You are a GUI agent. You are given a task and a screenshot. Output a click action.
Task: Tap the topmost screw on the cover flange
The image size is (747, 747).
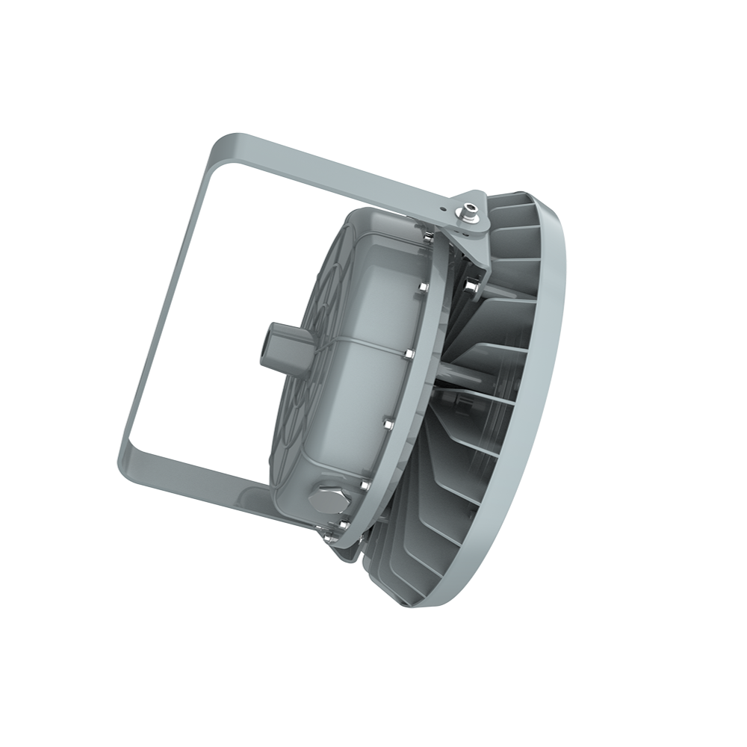(426, 238)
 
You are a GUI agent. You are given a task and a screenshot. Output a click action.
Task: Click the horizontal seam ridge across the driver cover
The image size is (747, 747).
(351, 341)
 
